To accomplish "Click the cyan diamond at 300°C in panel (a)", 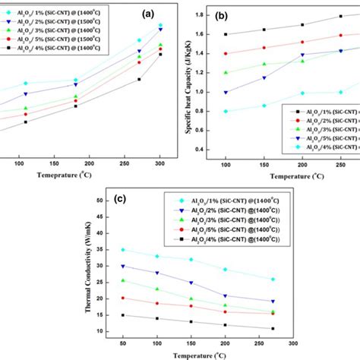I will pos(160,25).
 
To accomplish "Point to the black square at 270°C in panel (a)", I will pos(139,79).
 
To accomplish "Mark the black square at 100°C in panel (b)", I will pos(226,34).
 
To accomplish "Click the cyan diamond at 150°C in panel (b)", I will pos(264,106).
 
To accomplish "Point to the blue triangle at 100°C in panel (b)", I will pos(226,92).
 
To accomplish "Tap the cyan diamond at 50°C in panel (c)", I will pos(122,249).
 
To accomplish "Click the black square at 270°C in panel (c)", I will pos(273,328).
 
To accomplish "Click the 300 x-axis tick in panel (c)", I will pos(294,343).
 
